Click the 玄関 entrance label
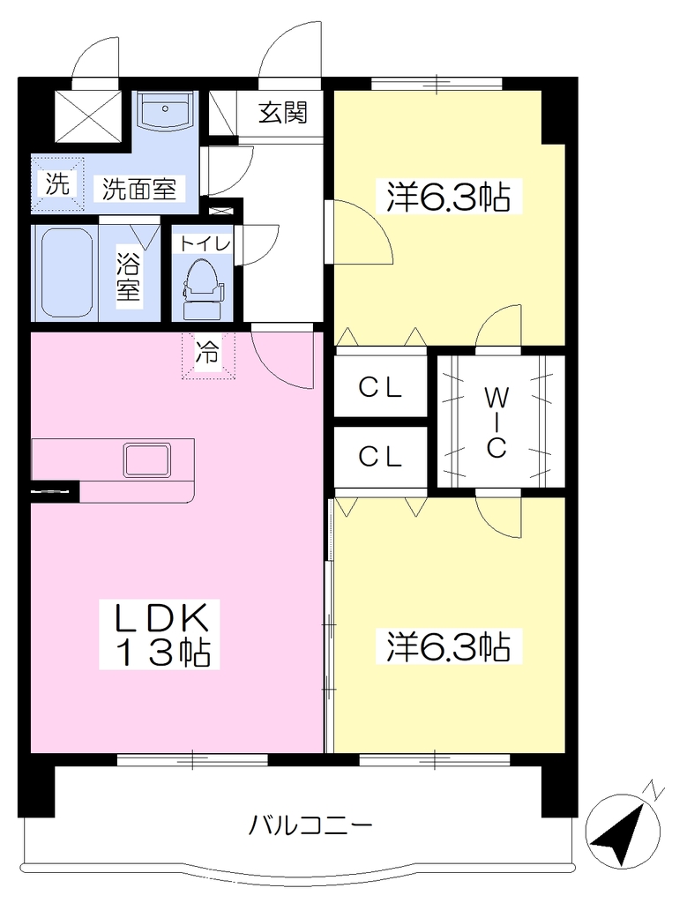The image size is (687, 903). tap(282, 112)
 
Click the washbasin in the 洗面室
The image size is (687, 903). tap(165, 110)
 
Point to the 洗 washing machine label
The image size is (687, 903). tap(57, 183)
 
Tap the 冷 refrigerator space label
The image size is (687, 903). tap(207, 352)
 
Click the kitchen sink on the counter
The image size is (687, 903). tap(147, 459)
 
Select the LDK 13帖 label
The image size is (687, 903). tap(160, 633)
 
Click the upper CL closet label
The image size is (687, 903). tap(379, 388)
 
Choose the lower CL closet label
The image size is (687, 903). tap(379, 457)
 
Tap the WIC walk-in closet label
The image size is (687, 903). tap(497, 422)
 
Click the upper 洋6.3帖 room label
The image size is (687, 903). tap(448, 197)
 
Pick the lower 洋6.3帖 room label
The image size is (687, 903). tap(448, 646)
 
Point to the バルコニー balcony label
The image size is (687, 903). tap(310, 826)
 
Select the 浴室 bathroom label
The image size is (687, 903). tap(129, 276)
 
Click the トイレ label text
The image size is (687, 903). tap(205, 244)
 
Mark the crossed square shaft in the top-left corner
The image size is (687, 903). tap(89, 116)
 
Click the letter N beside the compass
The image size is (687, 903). tap(655, 789)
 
